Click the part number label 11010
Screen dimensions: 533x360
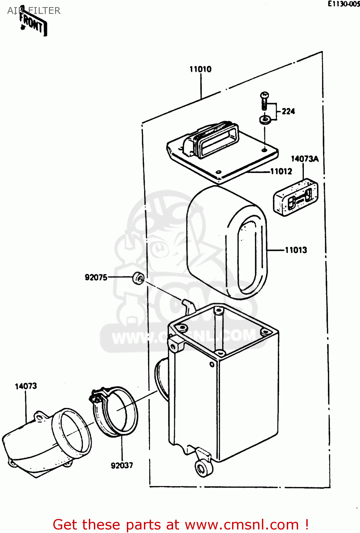coord(200,69)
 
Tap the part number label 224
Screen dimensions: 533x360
coord(288,111)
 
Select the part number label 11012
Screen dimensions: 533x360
coord(281,171)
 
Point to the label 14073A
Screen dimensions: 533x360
coord(305,159)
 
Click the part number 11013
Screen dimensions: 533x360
coord(296,250)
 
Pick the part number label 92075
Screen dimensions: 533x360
coord(96,277)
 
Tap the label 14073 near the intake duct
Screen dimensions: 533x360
coord(26,386)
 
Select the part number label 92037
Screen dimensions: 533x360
coord(122,465)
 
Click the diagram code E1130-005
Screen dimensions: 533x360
coord(343,4)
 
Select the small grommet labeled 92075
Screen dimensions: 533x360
coord(138,278)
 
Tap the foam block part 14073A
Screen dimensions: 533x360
coord(295,198)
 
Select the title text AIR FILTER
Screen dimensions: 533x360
coord(34,11)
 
